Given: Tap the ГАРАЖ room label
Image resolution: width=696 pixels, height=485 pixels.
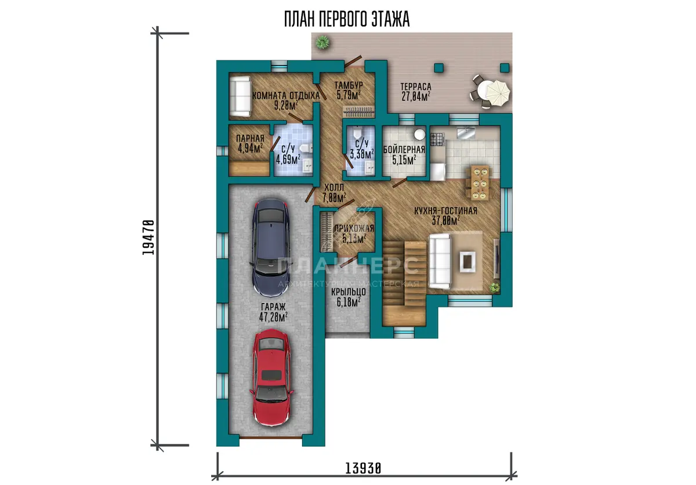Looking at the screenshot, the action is tap(273, 307).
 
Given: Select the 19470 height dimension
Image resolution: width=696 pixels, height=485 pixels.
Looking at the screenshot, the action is tap(148, 237).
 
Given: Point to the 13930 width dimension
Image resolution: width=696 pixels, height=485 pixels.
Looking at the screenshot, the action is tap(363, 468).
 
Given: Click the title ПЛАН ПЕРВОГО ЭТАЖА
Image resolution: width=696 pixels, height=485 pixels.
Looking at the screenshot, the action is tap(347, 19).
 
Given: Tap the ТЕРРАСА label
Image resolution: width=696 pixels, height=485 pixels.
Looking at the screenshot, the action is tap(416, 86).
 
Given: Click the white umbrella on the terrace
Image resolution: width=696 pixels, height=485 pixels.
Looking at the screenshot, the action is tap(498, 93).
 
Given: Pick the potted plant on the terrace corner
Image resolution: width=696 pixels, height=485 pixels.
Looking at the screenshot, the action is tap(322, 42).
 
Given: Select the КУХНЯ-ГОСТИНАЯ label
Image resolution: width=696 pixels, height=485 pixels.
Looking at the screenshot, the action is tap(445, 211).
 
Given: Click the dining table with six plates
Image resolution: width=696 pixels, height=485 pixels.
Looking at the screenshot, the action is tap(480, 183).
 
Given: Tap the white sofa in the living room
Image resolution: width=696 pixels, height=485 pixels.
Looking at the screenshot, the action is tap(440, 262).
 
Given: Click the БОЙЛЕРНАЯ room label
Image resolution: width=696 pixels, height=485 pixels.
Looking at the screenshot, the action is tap(404, 150).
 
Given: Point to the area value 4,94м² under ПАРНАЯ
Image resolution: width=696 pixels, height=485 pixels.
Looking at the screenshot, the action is tap(251, 148).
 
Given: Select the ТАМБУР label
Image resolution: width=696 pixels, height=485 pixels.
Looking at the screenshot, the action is tap(349, 85).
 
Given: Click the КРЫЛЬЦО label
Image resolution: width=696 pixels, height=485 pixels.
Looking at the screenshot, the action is tap(349, 292).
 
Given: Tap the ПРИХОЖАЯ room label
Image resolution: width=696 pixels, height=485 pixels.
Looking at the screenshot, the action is tap(354, 229).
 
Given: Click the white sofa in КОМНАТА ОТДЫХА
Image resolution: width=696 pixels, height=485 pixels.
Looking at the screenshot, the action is tap(240, 96).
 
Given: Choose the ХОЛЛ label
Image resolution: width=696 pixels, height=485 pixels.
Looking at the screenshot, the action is tap(334, 187).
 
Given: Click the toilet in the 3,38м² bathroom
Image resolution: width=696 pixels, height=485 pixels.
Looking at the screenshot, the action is tap(357, 133).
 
